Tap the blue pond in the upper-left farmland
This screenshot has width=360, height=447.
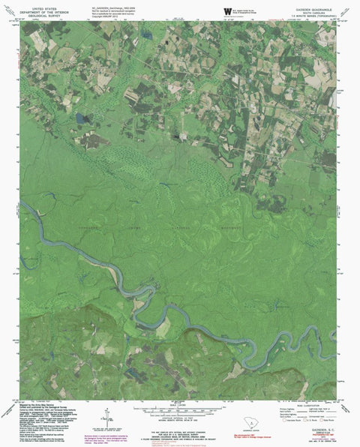click(80, 118)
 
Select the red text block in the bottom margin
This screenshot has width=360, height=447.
click(123, 434)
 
